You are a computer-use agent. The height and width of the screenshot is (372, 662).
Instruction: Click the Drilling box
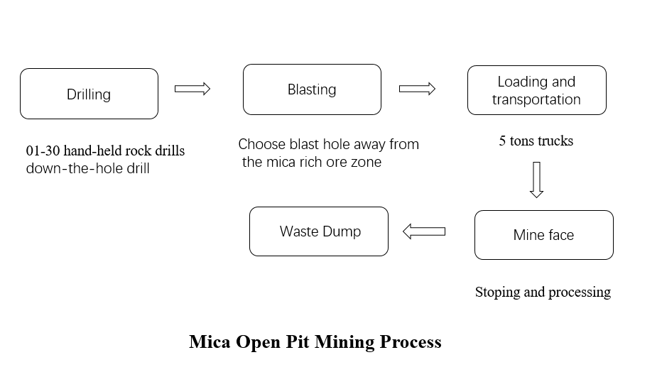coord(89,94)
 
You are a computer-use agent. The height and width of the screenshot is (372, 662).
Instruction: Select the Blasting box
coord(312,89)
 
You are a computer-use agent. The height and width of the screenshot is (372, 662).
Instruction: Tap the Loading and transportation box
coord(536,90)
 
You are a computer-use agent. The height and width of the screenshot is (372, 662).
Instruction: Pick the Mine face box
coord(543,235)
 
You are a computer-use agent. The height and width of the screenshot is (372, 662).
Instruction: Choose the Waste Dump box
coord(319,231)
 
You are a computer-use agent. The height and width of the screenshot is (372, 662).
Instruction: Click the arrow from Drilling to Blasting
coord(192,89)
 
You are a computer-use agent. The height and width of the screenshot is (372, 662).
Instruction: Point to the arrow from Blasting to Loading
coord(417,89)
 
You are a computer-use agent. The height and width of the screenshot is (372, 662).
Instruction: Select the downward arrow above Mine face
coord(536,179)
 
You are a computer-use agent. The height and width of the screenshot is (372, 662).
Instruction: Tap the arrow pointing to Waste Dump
coord(424,231)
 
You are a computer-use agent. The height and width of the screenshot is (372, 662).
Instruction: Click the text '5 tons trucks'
coord(536,141)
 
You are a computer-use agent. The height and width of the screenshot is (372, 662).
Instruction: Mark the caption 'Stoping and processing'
coord(543,292)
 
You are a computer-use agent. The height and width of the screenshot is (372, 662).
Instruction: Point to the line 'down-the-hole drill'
coord(87,168)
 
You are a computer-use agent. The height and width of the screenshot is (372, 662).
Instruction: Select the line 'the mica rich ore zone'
coord(312,162)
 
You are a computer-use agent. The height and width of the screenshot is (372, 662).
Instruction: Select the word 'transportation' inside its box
coord(536,99)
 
